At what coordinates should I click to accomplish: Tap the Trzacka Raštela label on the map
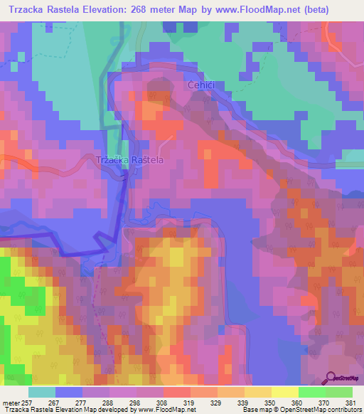pyautogui.click(x=130, y=160)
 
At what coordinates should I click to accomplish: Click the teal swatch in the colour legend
pyautogui.click(x=42, y=392)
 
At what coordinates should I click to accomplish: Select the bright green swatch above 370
pyautogui.click(x=312, y=392)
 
